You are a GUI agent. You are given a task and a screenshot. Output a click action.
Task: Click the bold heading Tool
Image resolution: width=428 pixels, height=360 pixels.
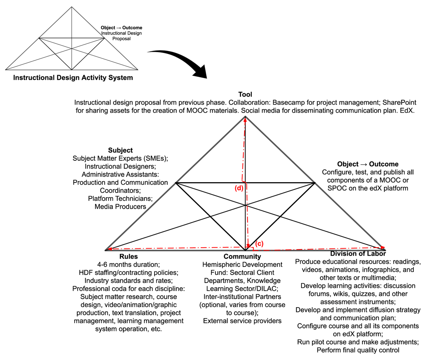pos(245,94)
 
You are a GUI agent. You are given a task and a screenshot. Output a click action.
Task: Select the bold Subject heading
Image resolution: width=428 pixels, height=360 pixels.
pos(120,150)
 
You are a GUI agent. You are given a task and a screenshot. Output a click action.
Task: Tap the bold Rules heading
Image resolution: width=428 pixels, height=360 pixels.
pos(128,256)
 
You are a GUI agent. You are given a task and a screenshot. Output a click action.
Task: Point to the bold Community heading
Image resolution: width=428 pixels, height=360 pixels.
pos(242,256)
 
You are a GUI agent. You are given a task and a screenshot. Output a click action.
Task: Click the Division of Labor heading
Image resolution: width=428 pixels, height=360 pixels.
pos(358,254)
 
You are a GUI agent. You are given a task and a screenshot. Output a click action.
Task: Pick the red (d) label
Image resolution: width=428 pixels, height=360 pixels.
pos(239,188)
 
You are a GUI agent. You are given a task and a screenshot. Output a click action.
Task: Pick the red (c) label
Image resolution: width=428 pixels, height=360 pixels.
pos(259,243)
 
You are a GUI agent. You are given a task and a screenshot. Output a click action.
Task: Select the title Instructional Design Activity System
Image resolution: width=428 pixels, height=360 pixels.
pos(73,78)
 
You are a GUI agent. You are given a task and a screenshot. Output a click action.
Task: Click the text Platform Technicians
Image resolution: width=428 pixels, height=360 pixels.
pos(120,199)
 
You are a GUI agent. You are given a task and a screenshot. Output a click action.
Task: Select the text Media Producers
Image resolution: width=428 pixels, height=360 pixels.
pos(120,206)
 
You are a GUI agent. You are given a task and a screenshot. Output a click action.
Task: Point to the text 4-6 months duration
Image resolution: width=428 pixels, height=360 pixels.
pos(128,264)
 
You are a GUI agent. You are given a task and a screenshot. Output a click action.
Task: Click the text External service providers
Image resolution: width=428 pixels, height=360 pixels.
pos(242,321)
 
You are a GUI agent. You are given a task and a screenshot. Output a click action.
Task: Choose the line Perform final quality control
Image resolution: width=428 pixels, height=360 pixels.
pos(358,350)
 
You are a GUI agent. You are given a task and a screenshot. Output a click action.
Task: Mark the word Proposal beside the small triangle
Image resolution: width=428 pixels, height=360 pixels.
pos(121,39)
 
